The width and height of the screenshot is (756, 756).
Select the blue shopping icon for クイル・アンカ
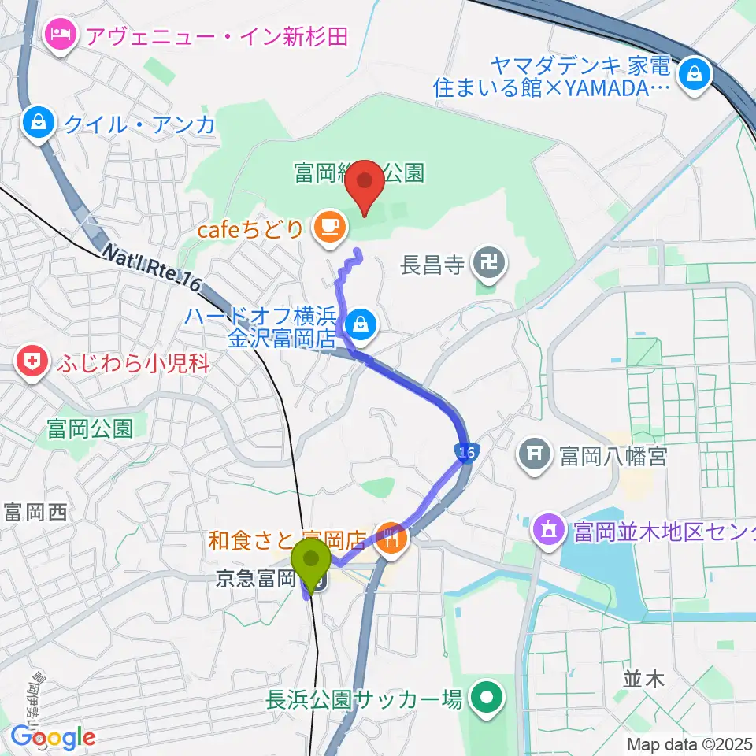(38, 122)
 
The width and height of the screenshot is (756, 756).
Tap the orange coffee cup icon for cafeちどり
(328, 228)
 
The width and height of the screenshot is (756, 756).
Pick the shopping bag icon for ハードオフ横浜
(361, 322)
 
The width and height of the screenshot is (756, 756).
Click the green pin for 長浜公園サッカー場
(487, 698)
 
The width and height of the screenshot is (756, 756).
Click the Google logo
(53, 737)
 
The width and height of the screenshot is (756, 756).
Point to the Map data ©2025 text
(690, 743)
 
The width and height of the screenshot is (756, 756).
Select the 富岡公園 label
(89, 428)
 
